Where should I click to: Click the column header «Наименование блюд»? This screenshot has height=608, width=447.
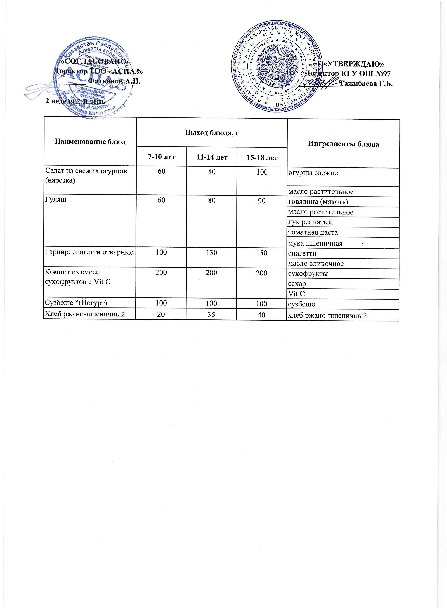[x=90, y=141]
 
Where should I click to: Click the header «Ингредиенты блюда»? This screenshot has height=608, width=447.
[x=343, y=144]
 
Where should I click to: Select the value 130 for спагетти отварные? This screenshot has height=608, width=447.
[x=211, y=252]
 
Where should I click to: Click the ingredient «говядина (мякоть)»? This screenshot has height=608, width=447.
[x=318, y=202]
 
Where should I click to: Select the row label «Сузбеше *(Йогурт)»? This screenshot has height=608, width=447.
[x=76, y=303]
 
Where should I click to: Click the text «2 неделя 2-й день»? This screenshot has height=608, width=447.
[x=75, y=101]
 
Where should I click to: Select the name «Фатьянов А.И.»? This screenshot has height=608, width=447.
[x=114, y=81]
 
